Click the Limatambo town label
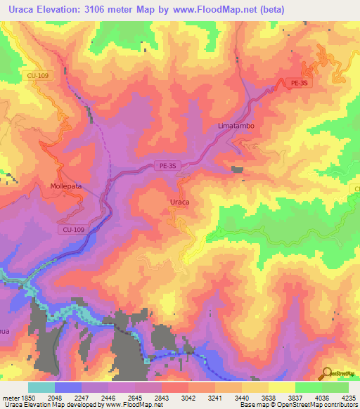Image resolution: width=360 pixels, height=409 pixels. [236, 125]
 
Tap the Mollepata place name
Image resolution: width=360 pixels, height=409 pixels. [67, 187]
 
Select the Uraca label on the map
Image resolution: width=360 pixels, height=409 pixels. [181, 202]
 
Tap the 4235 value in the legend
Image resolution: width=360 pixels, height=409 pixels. [348, 398]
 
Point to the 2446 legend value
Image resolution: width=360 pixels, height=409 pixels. [108, 398]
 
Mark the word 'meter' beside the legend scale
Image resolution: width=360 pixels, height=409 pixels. [9, 398]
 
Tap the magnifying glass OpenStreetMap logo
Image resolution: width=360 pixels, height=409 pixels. [328, 373]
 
